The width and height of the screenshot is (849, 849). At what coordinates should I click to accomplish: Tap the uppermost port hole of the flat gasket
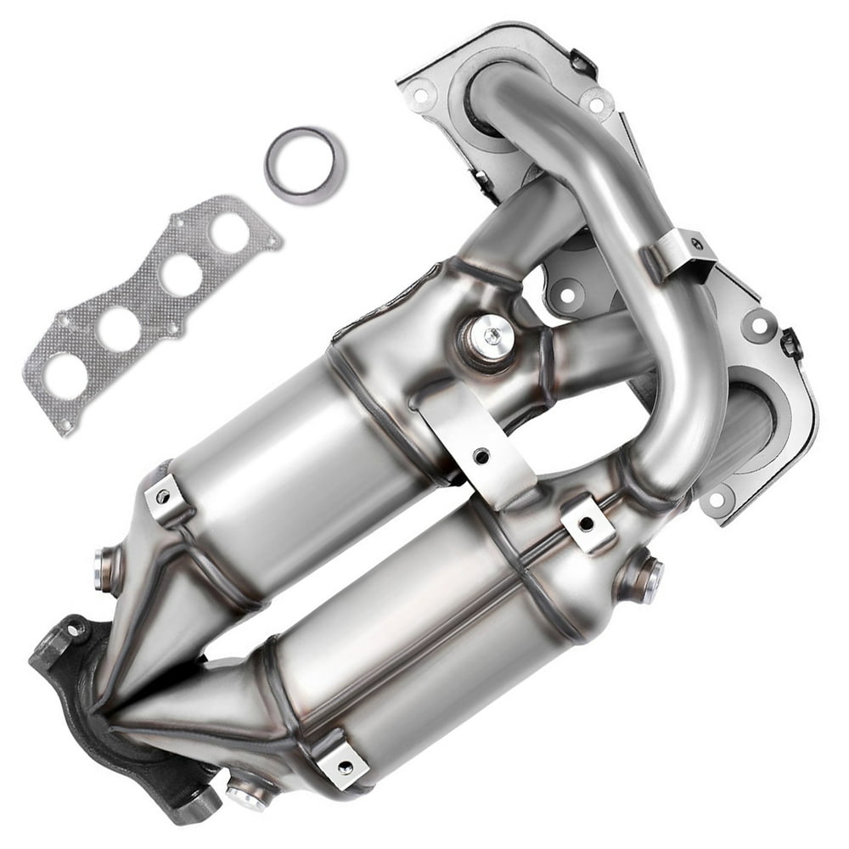click(229, 232)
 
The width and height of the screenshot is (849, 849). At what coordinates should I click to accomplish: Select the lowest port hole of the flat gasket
click(65, 374)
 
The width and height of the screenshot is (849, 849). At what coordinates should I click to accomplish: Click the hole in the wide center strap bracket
click(481, 456)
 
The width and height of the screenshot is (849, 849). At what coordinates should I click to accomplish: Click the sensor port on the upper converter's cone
click(105, 566)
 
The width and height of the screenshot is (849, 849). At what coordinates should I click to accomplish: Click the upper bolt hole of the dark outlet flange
click(71, 630)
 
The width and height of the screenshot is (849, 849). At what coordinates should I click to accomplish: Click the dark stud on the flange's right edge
click(790, 344)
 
